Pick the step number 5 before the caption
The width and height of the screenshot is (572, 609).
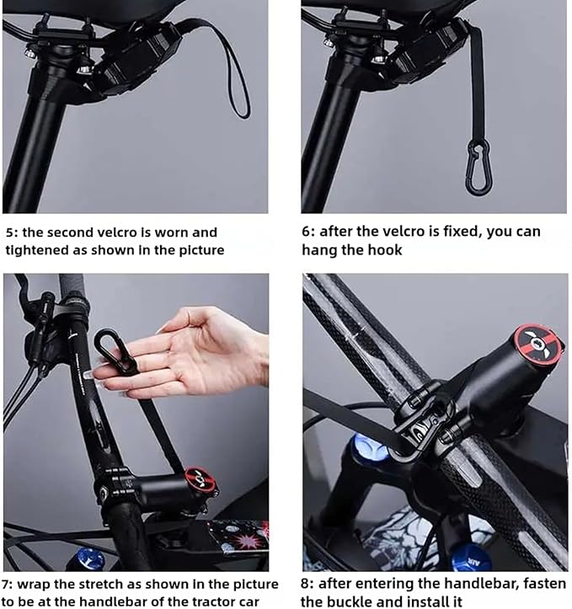click(9, 232)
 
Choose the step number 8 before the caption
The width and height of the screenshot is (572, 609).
click(307, 584)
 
